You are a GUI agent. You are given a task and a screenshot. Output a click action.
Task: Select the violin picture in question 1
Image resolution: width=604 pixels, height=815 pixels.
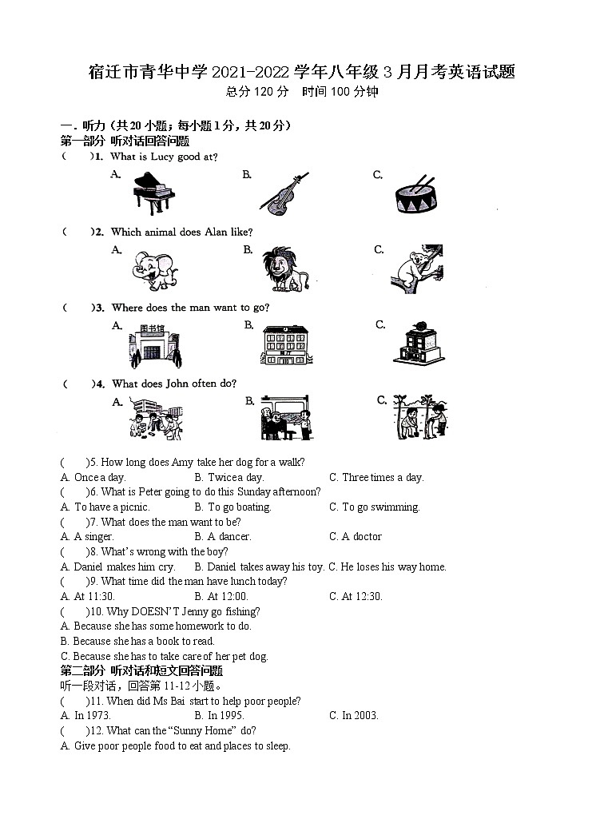coord(282,194)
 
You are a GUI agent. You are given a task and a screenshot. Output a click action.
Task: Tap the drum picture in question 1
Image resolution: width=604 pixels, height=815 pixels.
coord(415,195)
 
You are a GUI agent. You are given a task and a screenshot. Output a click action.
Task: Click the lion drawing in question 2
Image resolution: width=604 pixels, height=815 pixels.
coord(285,269)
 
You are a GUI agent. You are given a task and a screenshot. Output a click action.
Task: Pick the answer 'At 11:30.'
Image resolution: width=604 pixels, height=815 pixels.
coord(94,596)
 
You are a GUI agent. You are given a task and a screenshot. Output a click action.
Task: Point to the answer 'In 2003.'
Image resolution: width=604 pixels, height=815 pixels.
coord(360,715)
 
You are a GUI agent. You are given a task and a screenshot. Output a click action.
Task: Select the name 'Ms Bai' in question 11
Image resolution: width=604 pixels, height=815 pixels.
coord(167,701)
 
